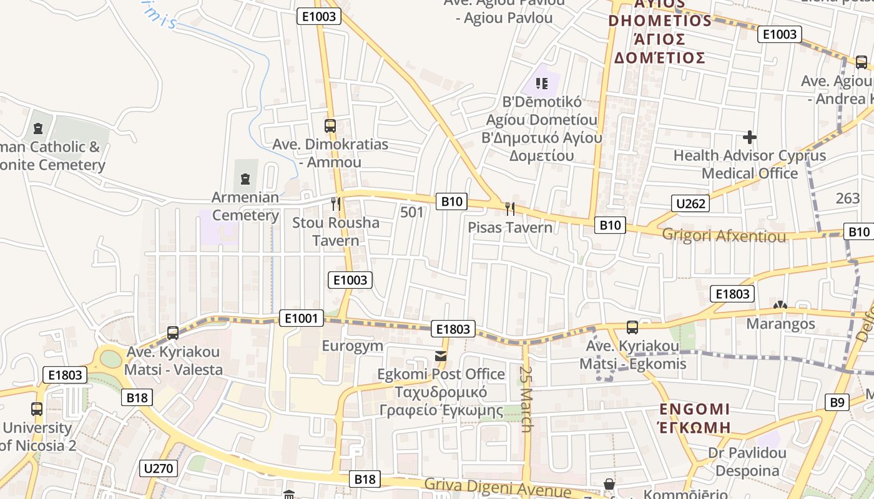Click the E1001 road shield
tap(301, 319)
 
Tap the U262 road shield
tap(691, 203)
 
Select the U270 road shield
tap(159, 468)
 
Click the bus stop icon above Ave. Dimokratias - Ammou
tap(330, 125)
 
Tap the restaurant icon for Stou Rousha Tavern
tap(336, 203)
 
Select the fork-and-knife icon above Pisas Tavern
tap(510, 208)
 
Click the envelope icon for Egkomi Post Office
tap(441, 356)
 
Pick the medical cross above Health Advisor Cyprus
tap(750, 137)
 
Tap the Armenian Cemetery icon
tap(245, 180)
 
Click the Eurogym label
tap(353, 346)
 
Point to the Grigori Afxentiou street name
tap(724, 236)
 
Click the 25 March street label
tap(526, 400)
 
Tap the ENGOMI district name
tap(695, 410)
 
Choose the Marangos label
tap(780, 324)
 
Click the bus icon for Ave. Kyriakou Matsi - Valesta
tap(173, 333)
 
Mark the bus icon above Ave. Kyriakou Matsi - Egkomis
tap(632, 327)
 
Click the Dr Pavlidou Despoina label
tap(747, 462)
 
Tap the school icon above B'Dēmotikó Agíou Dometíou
tap(541, 83)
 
